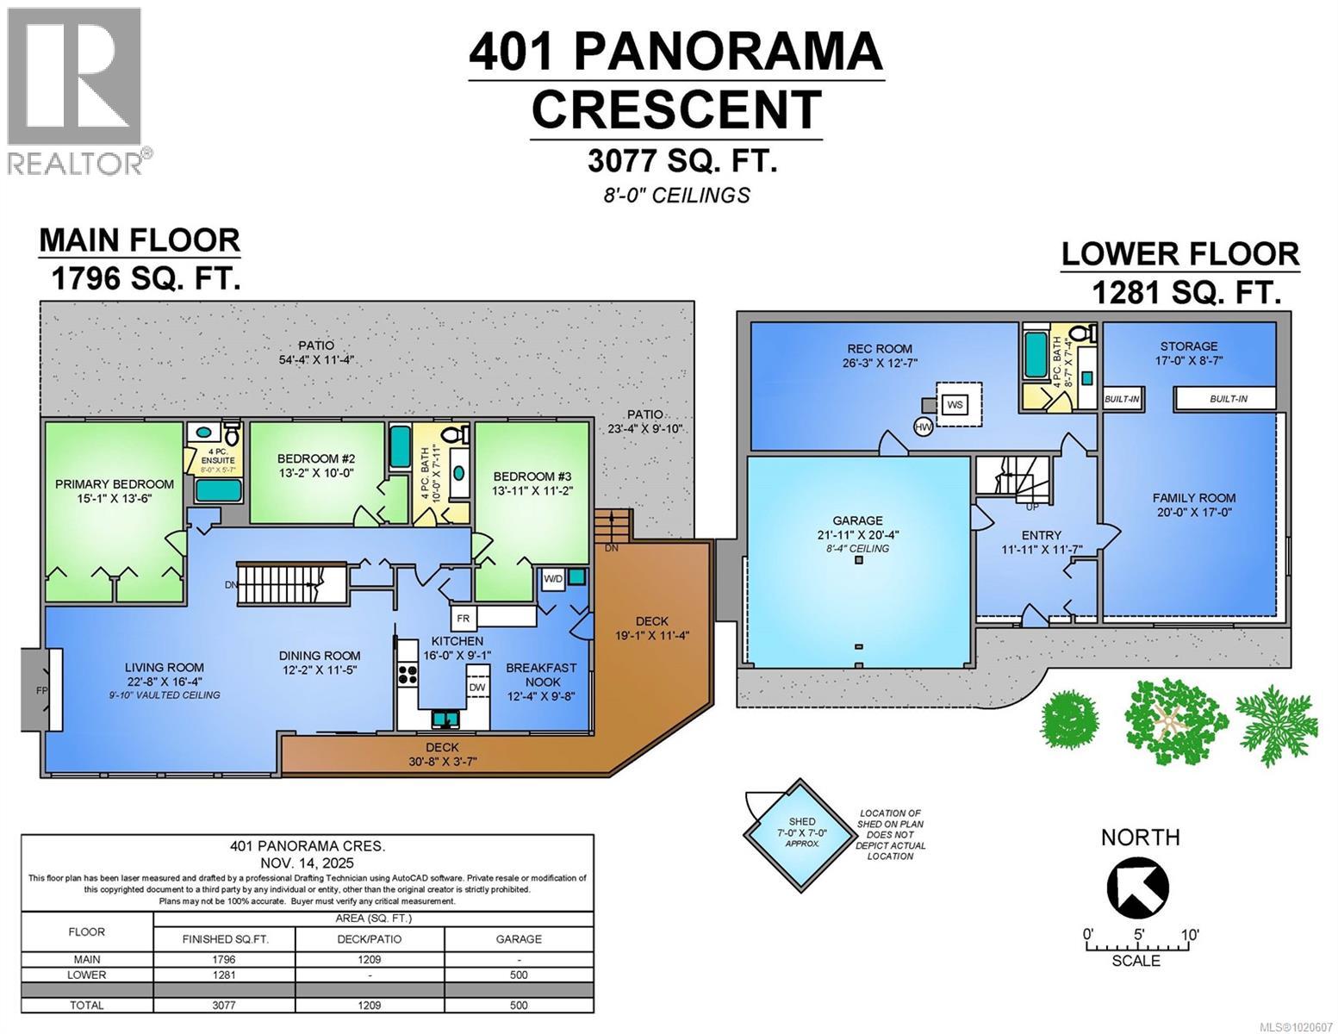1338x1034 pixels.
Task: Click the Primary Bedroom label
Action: click(x=115, y=484)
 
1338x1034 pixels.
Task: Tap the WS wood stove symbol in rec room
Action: click(x=955, y=404)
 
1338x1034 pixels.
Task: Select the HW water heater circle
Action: click(x=924, y=427)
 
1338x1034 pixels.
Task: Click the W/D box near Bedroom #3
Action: click(x=552, y=579)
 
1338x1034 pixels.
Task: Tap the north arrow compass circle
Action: click(x=1137, y=888)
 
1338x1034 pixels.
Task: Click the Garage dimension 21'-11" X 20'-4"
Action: click(x=857, y=534)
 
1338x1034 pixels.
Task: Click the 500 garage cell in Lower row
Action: click(x=519, y=975)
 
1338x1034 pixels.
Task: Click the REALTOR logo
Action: click(x=74, y=90)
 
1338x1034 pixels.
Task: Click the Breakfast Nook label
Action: click(x=541, y=675)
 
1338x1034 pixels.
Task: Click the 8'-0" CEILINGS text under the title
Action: click(x=675, y=196)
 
